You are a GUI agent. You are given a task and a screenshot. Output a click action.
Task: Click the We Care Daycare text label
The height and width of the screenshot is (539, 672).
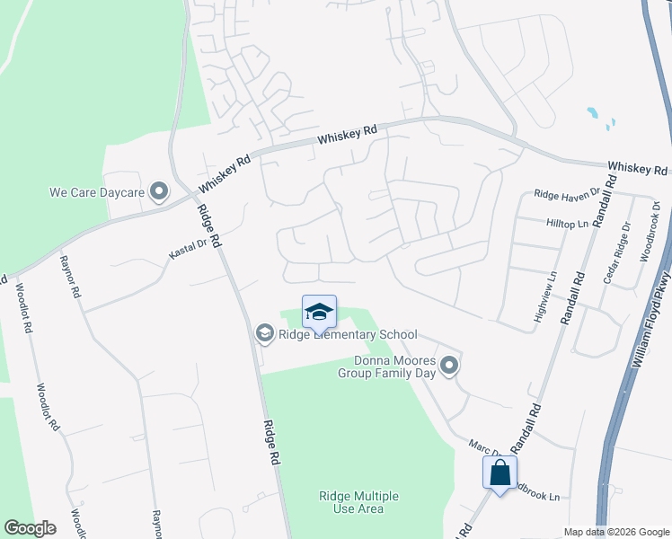click(x=97, y=191)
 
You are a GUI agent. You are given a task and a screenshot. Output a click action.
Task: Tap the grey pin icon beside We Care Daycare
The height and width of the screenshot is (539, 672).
click(x=160, y=191)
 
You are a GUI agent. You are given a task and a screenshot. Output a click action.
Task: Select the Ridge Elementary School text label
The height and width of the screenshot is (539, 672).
click(x=348, y=334)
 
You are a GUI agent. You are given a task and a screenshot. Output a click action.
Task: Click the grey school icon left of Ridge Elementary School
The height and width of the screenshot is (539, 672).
click(x=264, y=334)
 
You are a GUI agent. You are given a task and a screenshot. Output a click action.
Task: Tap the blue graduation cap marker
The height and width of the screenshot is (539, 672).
click(x=319, y=312)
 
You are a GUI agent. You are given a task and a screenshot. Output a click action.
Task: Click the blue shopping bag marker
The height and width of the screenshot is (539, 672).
click(x=500, y=472)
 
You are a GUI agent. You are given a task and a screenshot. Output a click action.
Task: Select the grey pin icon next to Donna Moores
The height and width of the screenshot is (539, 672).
click(x=450, y=366)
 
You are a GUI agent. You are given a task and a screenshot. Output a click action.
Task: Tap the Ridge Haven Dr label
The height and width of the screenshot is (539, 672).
click(x=566, y=194)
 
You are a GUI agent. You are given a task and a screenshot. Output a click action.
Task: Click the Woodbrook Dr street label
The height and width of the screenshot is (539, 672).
click(x=649, y=232)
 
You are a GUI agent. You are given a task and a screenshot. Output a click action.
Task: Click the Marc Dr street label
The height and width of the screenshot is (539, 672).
click(x=483, y=446)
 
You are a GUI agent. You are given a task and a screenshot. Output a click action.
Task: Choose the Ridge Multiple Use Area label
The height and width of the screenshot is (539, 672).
click(x=358, y=502)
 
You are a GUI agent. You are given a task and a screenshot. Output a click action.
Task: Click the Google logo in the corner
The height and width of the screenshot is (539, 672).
click(x=30, y=528)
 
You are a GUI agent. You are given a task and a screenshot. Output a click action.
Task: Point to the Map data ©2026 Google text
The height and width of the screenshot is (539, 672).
click(x=615, y=532)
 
